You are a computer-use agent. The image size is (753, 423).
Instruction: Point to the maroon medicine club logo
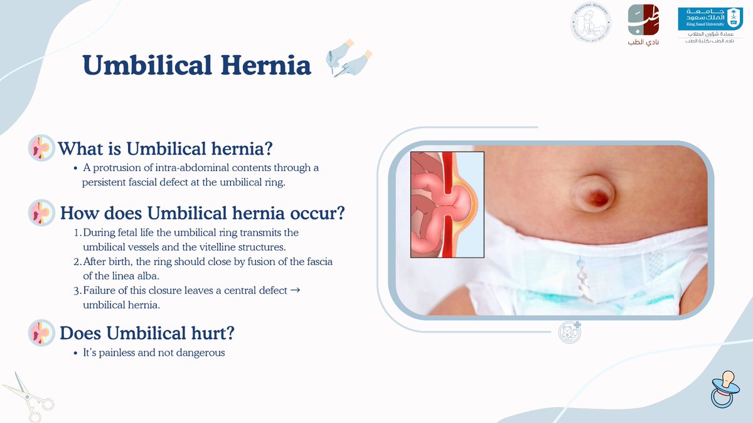[x=643, y=25]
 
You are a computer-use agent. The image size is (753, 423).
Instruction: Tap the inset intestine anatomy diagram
[x=447, y=204]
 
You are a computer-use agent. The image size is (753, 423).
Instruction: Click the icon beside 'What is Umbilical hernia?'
[x=43, y=147]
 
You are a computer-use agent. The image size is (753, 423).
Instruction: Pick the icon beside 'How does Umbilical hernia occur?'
[x=43, y=212]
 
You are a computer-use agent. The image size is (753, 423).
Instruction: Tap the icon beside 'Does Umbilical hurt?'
[x=43, y=333]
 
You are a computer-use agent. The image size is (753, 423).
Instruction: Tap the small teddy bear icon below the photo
[x=569, y=332]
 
